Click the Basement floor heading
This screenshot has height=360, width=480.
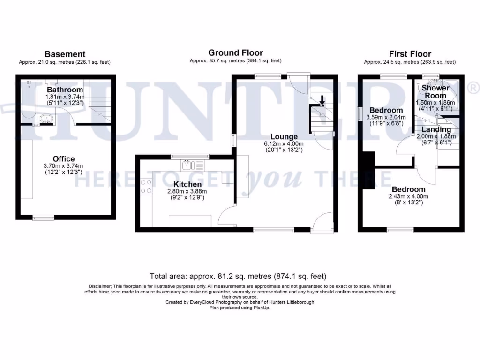click(x=65, y=54)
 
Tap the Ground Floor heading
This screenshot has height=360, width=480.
click(x=235, y=53)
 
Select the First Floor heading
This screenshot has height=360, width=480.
click(x=410, y=54)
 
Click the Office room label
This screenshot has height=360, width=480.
click(x=63, y=159)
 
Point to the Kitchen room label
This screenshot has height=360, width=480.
click(x=187, y=184)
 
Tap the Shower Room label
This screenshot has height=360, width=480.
click(x=435, y=91)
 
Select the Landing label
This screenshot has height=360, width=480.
click(x=436, y=129)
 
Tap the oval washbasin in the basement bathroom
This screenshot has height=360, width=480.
click(x=46, y=119)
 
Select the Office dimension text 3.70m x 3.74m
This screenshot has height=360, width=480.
click(x=63, y=165)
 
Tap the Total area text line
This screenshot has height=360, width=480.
click(x=238, y=276)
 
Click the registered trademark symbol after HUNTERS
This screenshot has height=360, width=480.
click(x=473, y=87)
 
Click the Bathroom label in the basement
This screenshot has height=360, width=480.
click(x=65, y=90)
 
